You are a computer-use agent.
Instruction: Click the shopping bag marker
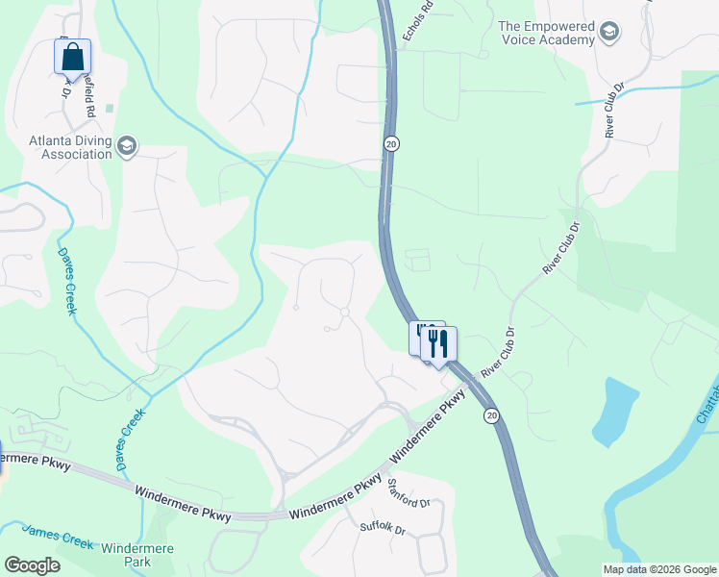click(x=73, y=58)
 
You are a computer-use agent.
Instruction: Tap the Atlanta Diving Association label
click(x=69, y=147)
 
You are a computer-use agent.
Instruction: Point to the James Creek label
click(x=58, y=536)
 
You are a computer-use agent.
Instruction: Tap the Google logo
click(x=32, y=564)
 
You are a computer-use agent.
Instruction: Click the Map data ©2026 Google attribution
click(x=658, y=569)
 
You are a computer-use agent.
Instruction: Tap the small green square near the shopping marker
click(x=110, y=108)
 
